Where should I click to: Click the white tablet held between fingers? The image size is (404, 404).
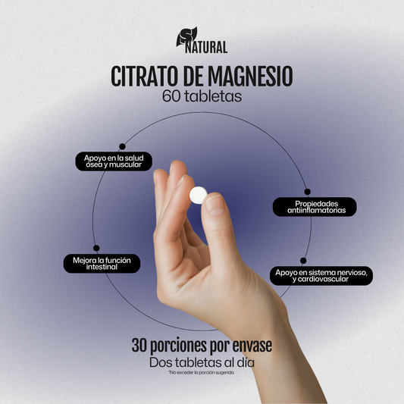pos(198,195)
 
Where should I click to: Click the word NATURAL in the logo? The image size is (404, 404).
pos(206,48)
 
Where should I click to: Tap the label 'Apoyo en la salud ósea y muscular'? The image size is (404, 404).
pos(114,161)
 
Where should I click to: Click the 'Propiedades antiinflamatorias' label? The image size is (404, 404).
pos(315,207)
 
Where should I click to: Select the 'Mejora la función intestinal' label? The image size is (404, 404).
pos(102,263)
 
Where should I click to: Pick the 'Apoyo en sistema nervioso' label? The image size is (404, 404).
pos(321,275)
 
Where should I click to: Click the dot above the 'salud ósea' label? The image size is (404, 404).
pos(121,146)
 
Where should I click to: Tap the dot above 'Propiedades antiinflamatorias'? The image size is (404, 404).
pos(307,192)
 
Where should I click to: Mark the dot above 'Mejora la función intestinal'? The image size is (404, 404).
pos(96,248)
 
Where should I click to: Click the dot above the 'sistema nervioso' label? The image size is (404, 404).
pos(303,260)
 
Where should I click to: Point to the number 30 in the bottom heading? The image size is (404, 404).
pos(139,346)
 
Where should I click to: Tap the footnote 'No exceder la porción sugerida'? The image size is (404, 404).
pos(202,374)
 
